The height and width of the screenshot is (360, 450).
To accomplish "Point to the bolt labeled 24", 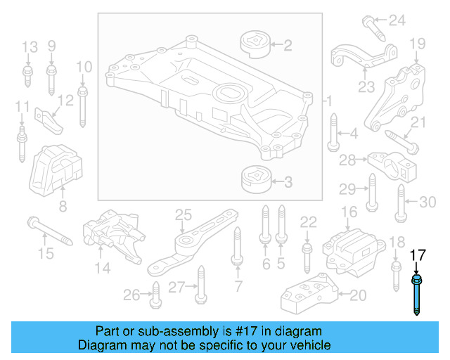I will [x=373, y=27].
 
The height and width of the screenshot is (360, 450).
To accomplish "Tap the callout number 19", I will [x=418, y=43].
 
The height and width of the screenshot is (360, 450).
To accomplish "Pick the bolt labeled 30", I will [x=399, y=202].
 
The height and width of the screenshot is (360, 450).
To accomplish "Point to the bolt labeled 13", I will [x=28, y=75].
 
